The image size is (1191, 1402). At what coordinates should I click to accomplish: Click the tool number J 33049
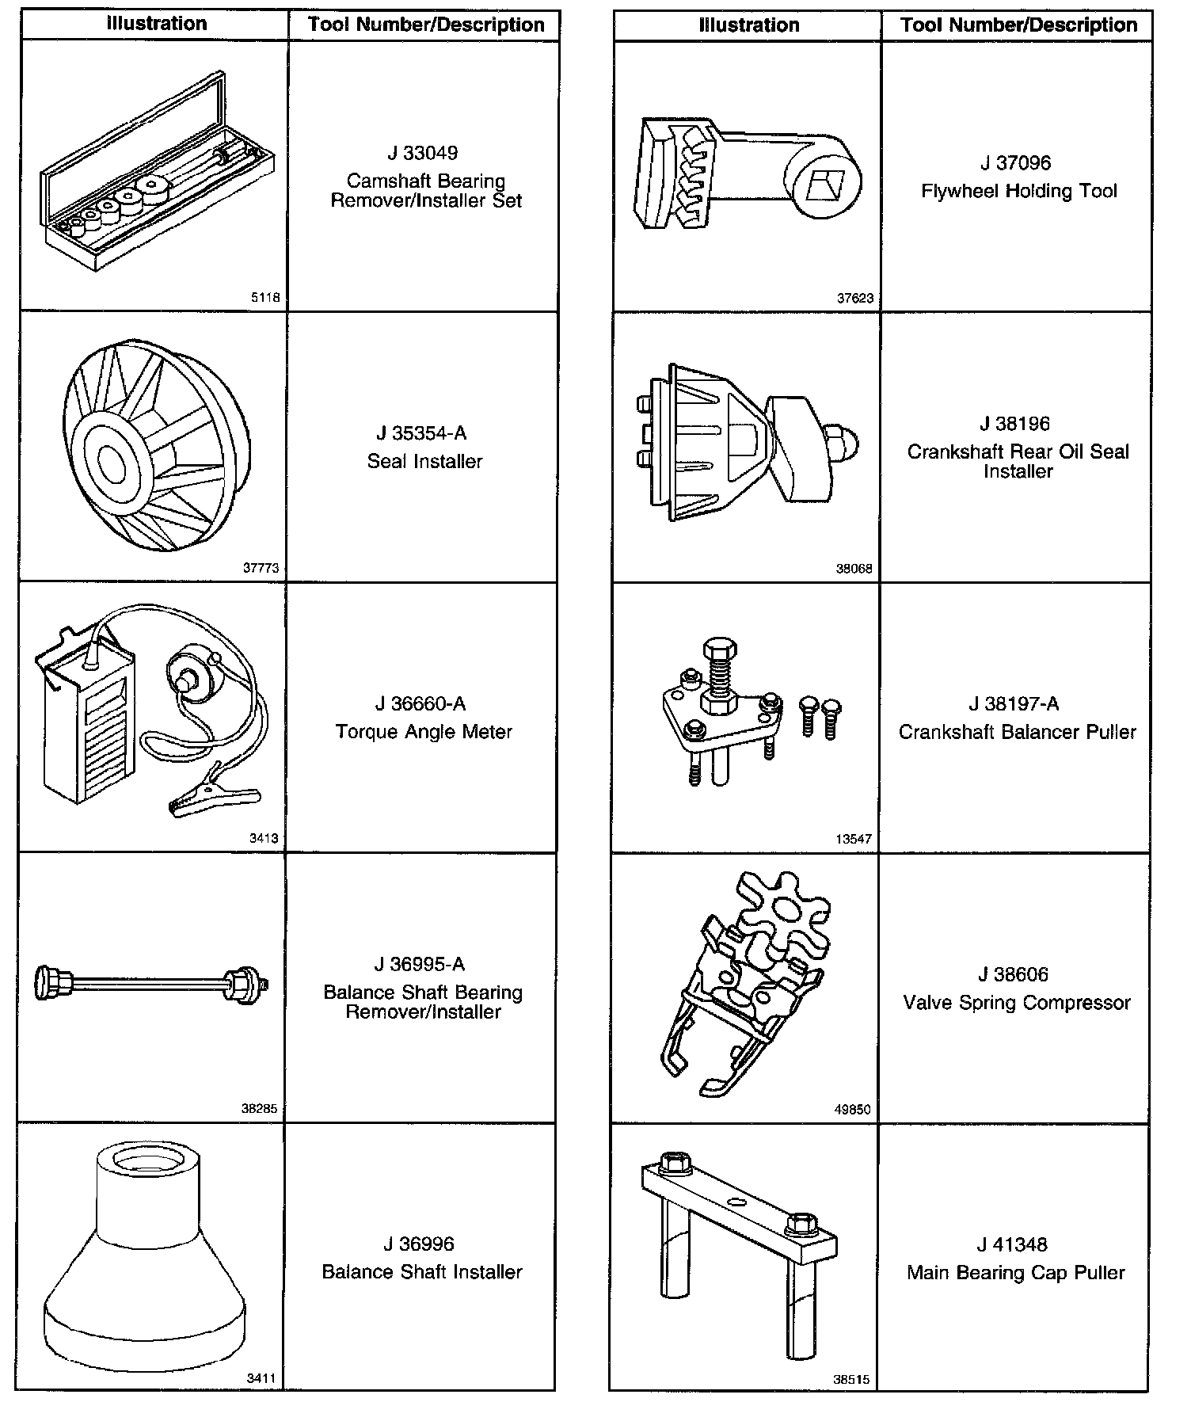423,153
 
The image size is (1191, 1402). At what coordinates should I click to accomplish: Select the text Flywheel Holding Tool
1018,191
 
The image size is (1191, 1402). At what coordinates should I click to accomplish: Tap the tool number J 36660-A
420,704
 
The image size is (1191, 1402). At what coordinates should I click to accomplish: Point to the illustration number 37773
261,568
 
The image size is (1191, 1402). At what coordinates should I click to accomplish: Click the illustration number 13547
853,839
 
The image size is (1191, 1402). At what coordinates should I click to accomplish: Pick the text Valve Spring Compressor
1017,1003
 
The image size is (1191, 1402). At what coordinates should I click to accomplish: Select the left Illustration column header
157,24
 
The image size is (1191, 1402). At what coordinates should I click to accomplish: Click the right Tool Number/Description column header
1018,25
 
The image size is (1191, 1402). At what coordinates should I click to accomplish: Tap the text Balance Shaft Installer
422,1272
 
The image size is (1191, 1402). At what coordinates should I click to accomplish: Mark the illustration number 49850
852,1110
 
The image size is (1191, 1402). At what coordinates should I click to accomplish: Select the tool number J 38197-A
1014,704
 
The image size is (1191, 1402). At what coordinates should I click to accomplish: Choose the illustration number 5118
264,299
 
